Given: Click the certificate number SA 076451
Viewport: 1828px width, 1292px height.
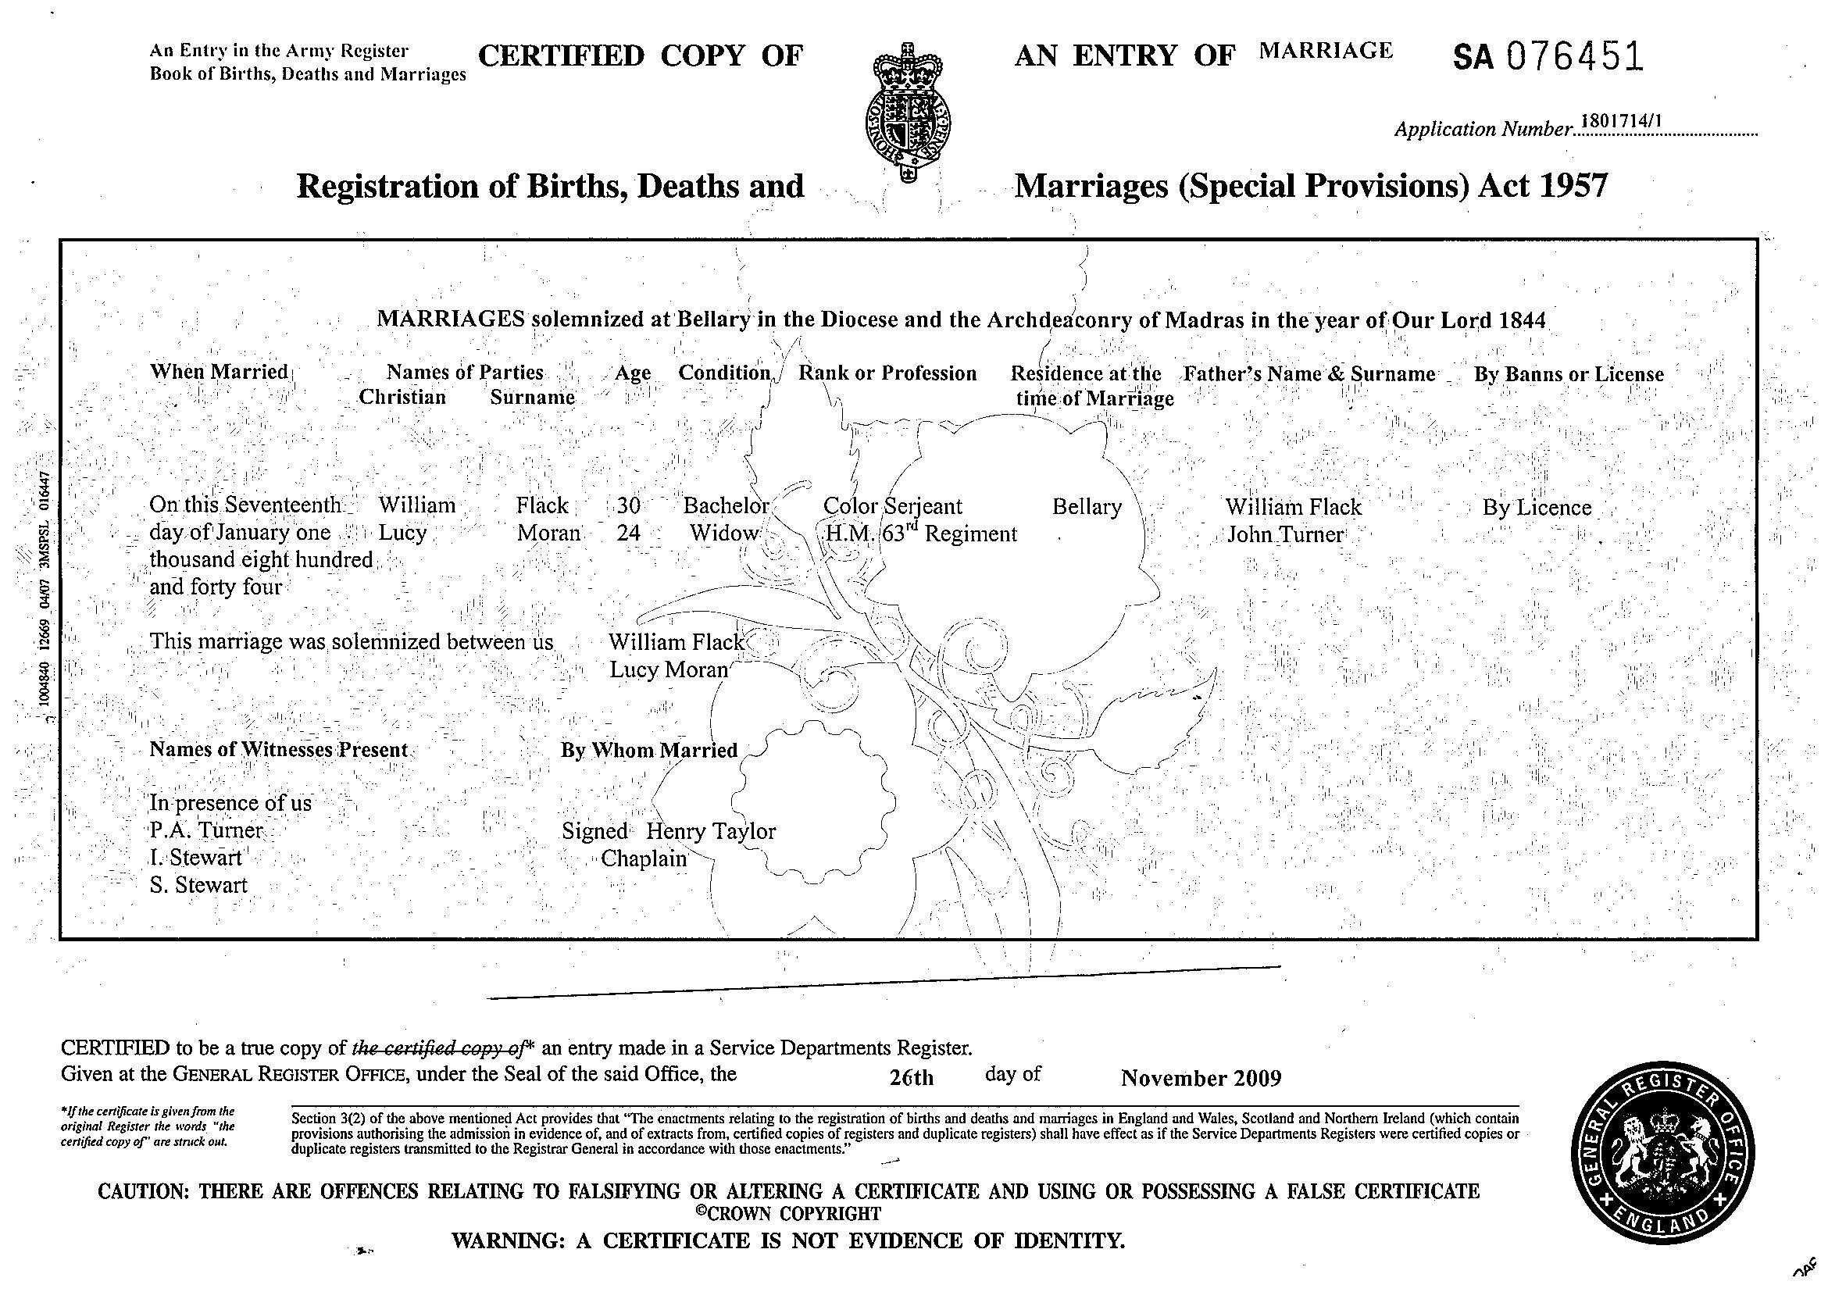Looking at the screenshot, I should tap(1548, 57).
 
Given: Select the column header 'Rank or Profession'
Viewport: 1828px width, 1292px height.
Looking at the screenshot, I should tap(887, 373).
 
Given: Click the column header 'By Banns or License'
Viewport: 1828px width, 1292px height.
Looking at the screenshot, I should tap(1569, 374).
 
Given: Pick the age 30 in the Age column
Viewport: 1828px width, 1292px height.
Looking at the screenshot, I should tap(628, 506).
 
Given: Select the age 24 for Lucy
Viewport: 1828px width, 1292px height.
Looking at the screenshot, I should tap(628, 533).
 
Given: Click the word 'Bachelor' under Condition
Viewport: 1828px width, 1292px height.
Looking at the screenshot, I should tap(725, 506).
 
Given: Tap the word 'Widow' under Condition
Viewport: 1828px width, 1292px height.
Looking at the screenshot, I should tap(723, 533).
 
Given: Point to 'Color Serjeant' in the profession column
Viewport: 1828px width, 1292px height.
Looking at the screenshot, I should tap(891, 506).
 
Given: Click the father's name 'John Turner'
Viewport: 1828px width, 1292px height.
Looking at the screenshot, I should tap(1285, 534).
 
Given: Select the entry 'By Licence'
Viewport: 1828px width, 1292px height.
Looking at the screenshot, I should tap(1537, 507).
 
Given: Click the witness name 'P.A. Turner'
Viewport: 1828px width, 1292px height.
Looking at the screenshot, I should tap(206, 830).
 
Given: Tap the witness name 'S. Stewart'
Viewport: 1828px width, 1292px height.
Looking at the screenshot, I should tap(198, 884).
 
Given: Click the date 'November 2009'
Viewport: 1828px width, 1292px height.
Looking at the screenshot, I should tap(1201, 1078).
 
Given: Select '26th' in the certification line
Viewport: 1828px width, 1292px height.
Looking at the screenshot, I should tap(912, 1078).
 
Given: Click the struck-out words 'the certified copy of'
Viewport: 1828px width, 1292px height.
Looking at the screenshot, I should tap(437, 1048).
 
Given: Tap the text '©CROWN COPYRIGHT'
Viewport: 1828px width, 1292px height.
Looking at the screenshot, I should tap(787, 1214).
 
